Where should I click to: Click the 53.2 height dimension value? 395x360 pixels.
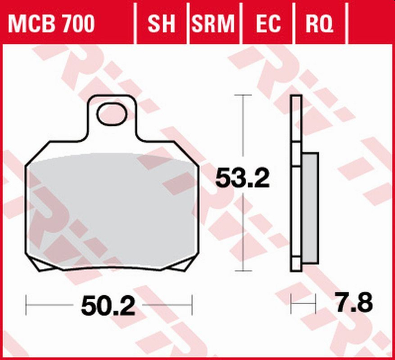[x=243, y=179]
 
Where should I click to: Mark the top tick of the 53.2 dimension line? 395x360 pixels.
[x=243, y=95]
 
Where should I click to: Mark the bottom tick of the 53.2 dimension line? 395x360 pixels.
[x=243, y=272]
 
